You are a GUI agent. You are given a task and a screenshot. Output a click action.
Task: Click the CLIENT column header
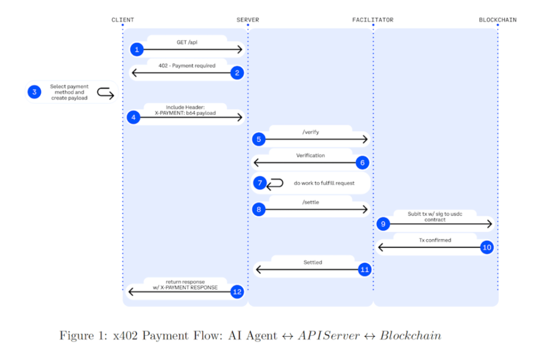pos(123,20)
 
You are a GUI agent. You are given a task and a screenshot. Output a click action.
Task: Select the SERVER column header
pos(248,20)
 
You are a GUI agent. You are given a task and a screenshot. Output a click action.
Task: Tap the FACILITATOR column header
pos(373,20)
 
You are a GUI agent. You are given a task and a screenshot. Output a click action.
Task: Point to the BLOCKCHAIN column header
pos(497,20)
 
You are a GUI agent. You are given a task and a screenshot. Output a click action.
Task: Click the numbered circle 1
pos(136,50)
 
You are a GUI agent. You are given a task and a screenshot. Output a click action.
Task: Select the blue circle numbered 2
pos(237,73)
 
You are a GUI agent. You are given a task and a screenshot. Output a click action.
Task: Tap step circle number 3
pos(35,92)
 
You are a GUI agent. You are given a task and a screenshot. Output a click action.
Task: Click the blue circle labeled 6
pos(362,163)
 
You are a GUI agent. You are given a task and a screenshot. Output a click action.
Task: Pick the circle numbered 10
pos(486,247)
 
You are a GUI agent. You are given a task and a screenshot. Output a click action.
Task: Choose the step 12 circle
pos(237,292)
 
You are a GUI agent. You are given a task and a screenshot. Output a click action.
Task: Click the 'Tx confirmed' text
pos(435,240)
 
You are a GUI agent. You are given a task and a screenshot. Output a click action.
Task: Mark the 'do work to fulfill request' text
pos(324,183)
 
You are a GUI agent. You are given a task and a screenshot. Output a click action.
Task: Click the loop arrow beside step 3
pos(106,93)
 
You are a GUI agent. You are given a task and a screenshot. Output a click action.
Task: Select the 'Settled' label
pos(312,262)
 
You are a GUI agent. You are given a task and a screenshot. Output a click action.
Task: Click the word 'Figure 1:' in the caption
pos(81,335)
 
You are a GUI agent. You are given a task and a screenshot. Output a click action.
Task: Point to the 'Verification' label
pos(310,155)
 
